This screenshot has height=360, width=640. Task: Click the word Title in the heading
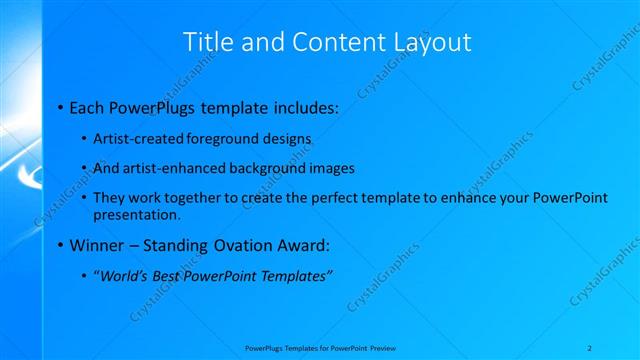210,42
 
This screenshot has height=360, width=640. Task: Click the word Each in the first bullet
87,106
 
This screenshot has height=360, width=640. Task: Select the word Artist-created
136,139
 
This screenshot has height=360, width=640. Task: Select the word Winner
95,245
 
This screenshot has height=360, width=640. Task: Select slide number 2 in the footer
591,347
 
